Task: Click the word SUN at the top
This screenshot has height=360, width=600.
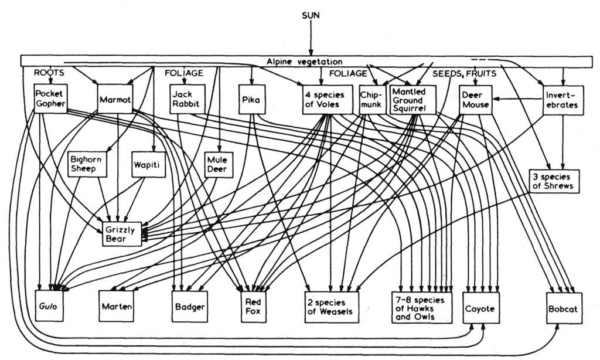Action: click(311, 16)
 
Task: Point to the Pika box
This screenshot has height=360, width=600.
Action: click(251, 100)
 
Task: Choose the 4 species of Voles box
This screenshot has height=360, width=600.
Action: click(324, 99)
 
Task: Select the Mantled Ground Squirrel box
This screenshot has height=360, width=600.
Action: click(414, 100)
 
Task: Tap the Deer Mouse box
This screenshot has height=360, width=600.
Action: click(473, 100)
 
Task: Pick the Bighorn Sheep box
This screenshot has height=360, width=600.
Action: click(86, 164)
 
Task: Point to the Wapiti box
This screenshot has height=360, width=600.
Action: click(146, 164)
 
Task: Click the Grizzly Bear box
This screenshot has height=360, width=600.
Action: click(121, 233)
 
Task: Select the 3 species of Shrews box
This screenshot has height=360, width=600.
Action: click(554, 181)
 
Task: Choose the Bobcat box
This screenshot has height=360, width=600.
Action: click(564, 308)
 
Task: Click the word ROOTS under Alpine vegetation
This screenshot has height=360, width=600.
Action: click(49, 73)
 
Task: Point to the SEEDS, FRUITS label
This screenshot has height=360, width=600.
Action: click(465, 74)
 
